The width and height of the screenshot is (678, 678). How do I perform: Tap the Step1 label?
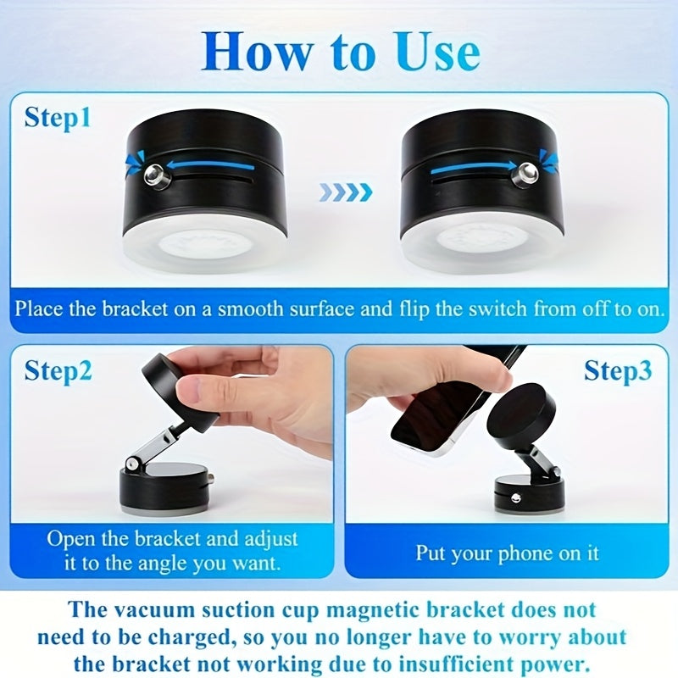[x=58, y=117]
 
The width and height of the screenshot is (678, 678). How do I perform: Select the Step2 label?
[x=58, y=370]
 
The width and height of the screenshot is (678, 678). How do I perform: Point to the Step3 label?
[x=617, y=370]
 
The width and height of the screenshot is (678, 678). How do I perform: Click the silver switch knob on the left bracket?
[x=153, y=175]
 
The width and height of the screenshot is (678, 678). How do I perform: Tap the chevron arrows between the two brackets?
[x=346, y=192]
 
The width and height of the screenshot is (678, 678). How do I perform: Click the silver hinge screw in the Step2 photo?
[x=132, y=464]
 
